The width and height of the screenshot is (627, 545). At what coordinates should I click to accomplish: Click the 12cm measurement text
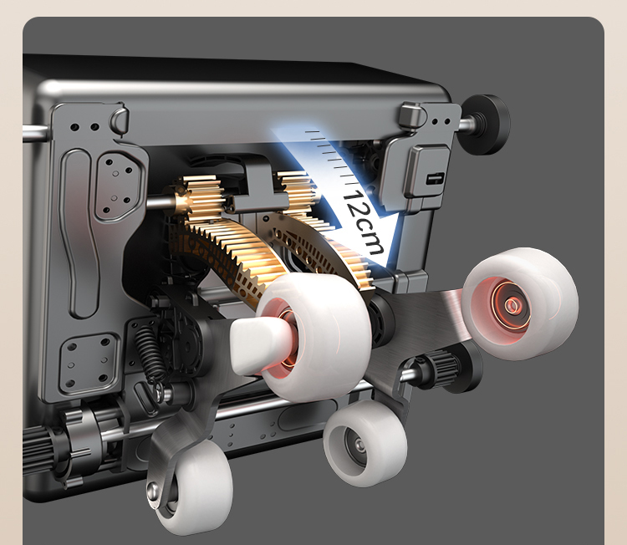(x=363, y=222)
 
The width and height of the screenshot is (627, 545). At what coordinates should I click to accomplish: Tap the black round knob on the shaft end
(x=487, y=124)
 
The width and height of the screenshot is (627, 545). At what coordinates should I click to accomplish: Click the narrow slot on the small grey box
(x=435, y=178)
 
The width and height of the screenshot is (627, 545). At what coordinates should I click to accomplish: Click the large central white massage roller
(x=313, y=337)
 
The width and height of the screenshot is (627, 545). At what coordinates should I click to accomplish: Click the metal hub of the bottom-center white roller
(x=357, y=446)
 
